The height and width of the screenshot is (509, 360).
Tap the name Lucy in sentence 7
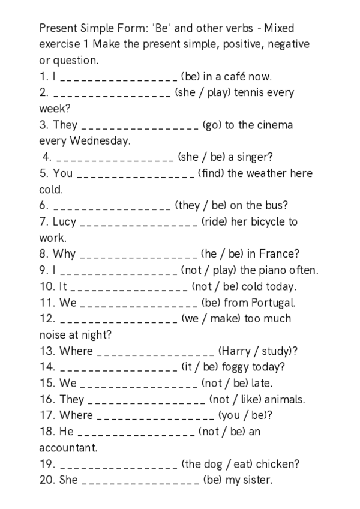[64, 221]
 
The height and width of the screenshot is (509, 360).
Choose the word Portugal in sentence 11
[273, 303]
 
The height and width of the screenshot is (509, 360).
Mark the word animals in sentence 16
[285, 399]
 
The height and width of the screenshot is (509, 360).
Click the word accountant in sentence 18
[68, 448]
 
